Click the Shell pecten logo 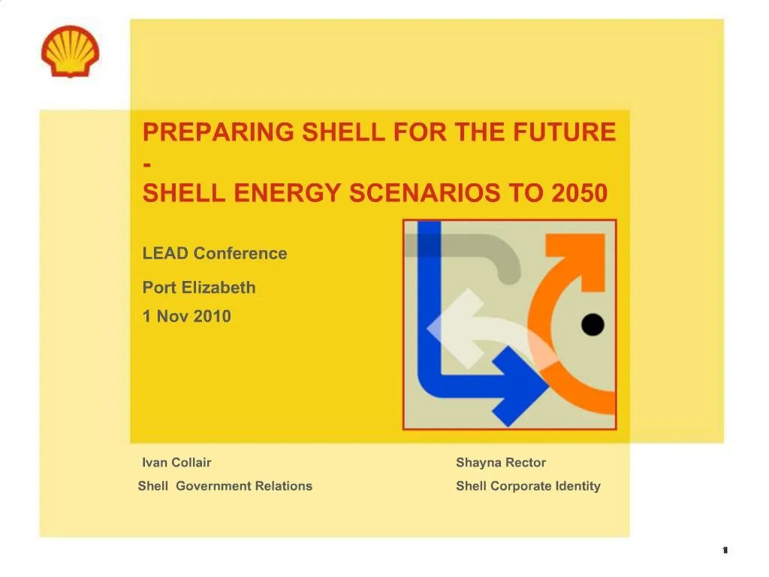tap(70, 50)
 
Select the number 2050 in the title tap(578, 194)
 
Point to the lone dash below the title tap(146, 163)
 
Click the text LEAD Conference tap(215, 253)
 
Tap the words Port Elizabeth tap(199, 287)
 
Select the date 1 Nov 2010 tap(187, 316)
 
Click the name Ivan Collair tap(176, 462)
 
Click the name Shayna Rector tap(501, 462)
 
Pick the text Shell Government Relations tap(225, 486)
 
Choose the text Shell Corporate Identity tap(528, 486)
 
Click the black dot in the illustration tap(593, 325)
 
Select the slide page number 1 tap(725, 551)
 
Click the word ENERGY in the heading tap(287, 194)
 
